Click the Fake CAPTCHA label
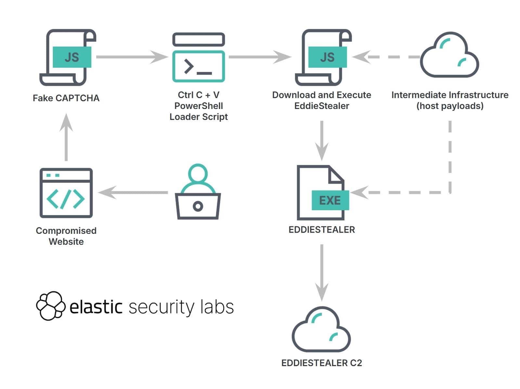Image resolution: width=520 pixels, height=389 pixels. coord(66,98)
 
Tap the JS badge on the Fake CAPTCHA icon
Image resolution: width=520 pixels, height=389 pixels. coord(72,57)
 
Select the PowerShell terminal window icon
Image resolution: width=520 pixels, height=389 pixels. coord(198,58)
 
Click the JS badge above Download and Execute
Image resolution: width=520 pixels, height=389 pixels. coord(327,57)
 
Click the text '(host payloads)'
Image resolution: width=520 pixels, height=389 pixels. coord(450,106)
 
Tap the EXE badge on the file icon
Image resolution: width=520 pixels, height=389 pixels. coord(330,200)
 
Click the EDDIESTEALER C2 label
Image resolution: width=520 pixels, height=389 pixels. coord(321,363)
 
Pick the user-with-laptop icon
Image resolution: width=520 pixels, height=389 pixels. coord(198,192)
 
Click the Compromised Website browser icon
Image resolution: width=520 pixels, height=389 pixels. coord(66,193)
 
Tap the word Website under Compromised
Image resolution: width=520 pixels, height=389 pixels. coord(66,242)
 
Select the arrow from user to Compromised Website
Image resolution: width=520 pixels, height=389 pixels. coord(133,193)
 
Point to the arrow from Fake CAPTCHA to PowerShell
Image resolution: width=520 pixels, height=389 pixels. coord(132,57)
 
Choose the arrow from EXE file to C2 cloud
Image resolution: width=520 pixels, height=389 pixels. coord(322,272)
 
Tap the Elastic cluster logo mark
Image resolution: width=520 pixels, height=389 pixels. coord(50,306)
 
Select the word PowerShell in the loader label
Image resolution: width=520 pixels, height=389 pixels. coord(199,106)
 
